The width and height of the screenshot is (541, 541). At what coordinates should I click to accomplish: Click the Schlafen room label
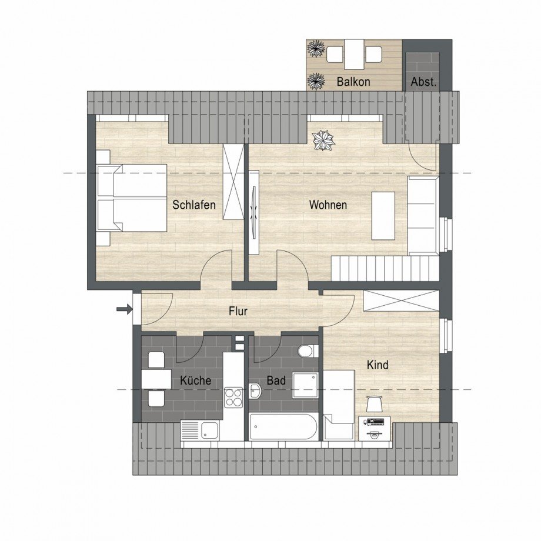[193, 205]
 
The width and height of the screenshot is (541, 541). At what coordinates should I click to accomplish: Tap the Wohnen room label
[328, 205]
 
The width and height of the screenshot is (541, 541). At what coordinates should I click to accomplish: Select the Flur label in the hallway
[238, 312]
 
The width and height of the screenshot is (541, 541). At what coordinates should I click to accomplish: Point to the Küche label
[196, 380]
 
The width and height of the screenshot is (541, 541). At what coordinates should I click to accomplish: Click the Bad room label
[276, 380]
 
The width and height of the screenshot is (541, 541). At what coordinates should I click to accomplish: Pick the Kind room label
[378, 365]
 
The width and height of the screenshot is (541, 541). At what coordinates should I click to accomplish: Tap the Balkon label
[353, 82]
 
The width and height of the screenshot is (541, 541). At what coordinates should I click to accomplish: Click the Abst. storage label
[423, 82]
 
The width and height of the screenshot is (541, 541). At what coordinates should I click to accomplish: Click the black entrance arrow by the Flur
[124, 309]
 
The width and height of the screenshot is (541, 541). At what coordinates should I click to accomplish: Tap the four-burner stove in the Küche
[233, 397]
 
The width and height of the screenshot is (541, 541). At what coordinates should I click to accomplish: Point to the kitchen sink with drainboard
[200, 430]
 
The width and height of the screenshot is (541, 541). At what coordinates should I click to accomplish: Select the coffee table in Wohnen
[383, 215]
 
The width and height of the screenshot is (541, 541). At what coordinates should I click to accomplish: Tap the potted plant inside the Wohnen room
[323, 140]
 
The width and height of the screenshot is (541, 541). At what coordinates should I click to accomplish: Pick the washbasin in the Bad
[255, 391]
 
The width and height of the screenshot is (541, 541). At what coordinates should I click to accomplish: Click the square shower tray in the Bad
[305, 385]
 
